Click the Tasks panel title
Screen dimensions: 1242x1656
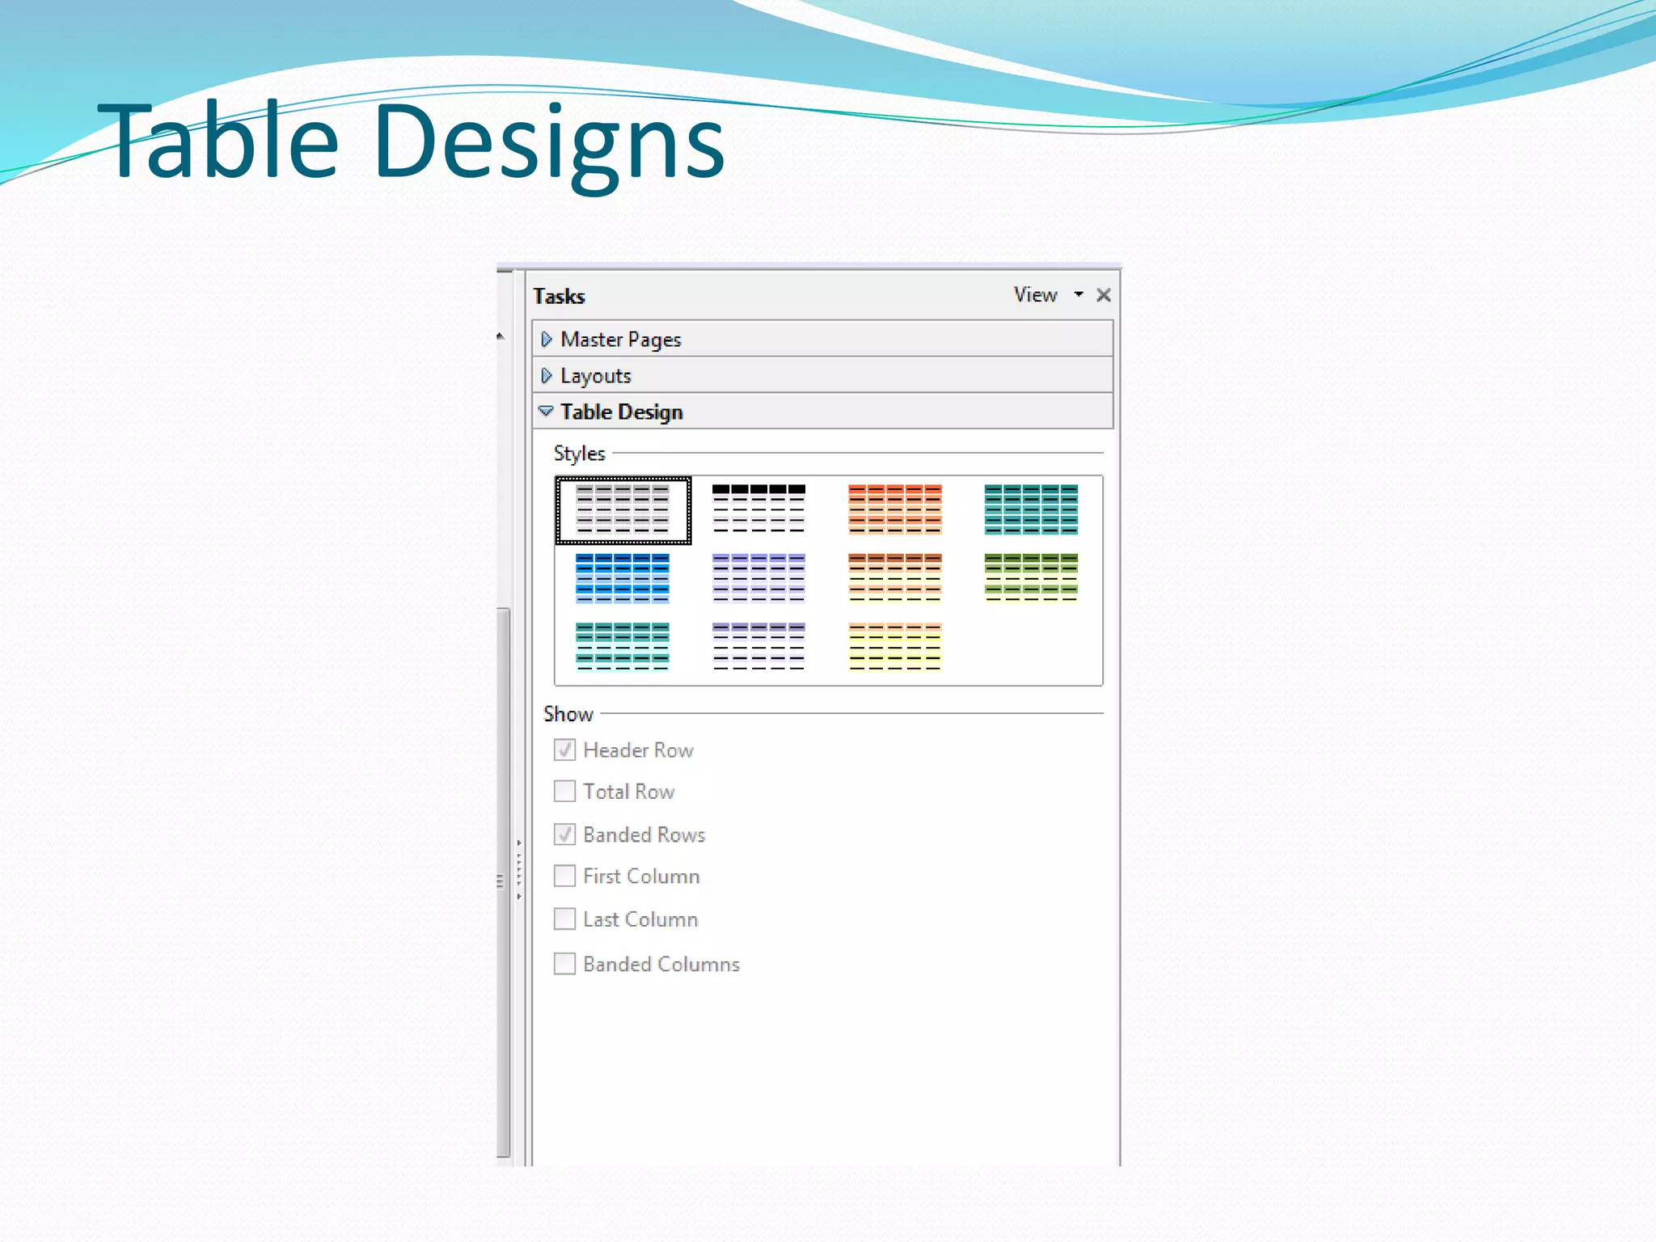[559, 296]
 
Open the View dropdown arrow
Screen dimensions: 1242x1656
[1078, 294]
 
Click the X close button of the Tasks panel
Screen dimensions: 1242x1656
[1104, 295]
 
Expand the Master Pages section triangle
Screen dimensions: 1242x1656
[547, 339]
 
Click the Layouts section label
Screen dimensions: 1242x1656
[595, 376]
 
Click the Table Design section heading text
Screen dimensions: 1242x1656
[621, 412]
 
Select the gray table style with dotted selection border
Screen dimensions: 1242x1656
[623, 510]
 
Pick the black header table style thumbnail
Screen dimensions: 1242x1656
[758, 509]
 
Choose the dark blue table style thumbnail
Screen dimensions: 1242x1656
[623, 578]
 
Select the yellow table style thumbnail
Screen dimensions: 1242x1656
[895, 647]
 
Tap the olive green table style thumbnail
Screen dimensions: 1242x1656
[1031, 578]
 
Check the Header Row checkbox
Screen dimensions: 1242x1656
[564, 750]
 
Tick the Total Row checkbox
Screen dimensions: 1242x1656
[564, 791]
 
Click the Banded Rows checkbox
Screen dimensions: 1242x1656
[564, 834]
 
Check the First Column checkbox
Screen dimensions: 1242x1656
[564, 876]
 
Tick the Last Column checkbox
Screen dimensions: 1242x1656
[564, 919]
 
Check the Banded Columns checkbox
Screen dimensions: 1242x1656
[564, 963]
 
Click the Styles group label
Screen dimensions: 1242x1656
[579, 454]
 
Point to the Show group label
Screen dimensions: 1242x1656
[568, 714]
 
